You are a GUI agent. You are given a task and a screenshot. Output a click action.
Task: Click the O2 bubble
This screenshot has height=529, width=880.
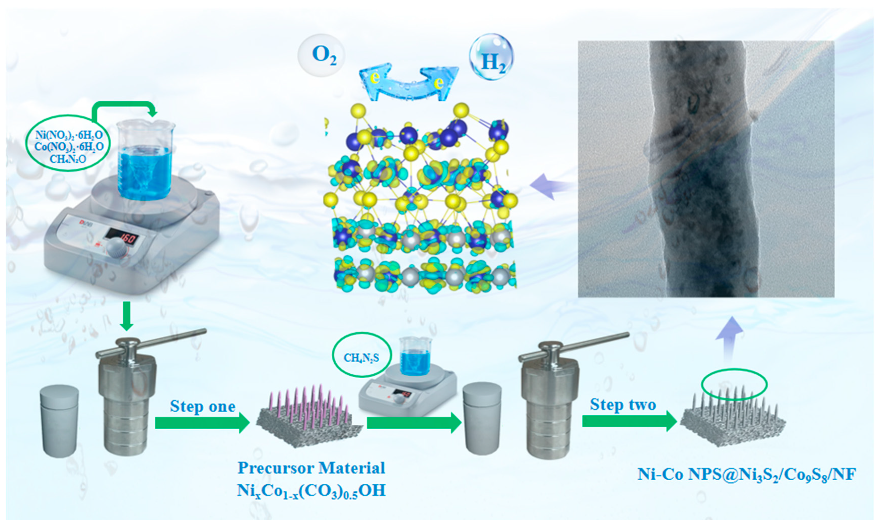tap(321, 55)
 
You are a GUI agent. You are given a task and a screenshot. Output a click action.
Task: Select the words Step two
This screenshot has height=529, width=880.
tap(623, 404)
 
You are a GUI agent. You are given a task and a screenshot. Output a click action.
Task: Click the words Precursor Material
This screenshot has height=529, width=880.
tap(311, 468)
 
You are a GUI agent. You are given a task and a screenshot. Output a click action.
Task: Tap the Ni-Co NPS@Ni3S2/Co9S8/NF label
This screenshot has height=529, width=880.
tap(747, 474)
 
